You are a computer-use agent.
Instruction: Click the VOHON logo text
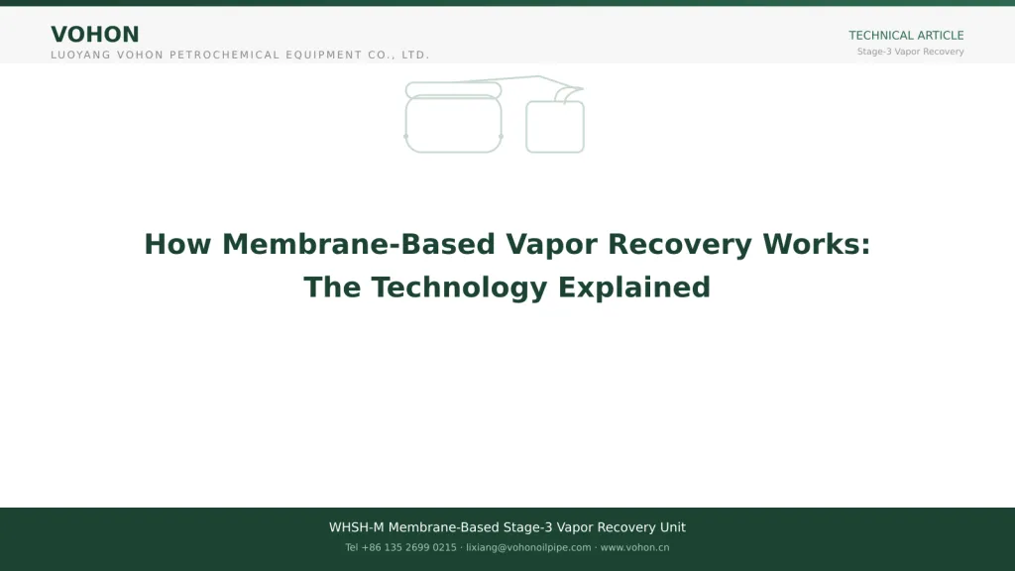tap(95, 35)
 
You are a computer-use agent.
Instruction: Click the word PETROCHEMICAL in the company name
tap(224, 56)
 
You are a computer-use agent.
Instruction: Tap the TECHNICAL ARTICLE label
tap(906, 36)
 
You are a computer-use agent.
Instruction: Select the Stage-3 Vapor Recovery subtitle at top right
tap(910, 52)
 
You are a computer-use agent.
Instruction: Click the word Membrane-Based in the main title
tap(359, 244)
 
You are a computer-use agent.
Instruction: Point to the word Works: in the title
tap(817, 244)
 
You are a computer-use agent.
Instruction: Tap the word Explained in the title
tap(634, 287)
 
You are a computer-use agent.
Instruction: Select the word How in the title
tap(178, 244)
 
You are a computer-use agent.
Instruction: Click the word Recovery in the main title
tap(680, 245)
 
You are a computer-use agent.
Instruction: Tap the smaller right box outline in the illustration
tap(555, 152)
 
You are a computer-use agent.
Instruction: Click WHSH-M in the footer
tap(356, 527)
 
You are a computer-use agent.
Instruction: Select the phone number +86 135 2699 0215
tap(408, 547)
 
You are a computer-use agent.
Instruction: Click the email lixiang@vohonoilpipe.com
tap(528, 547)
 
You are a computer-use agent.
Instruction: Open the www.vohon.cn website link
tap(634, 547)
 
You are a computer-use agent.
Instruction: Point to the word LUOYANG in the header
tap(81, 56)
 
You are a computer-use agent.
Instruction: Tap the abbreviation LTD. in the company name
tap(415, 56)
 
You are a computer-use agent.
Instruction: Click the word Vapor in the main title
tap(551, 245)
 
